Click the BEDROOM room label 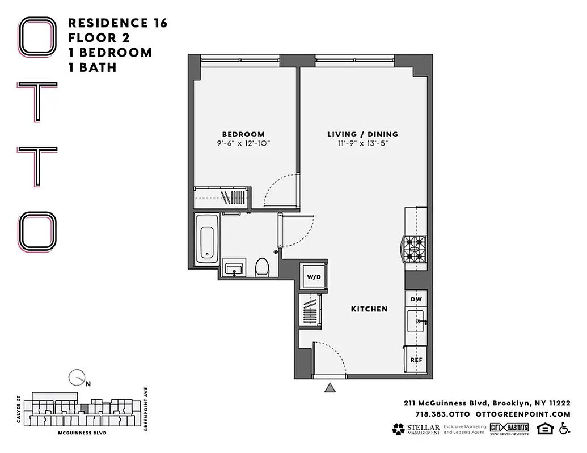click(x=243, y=134)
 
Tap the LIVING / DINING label click(x=362, y=134)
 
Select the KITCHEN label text click(x=369, y=309)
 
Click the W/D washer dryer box click(x=313, y=277)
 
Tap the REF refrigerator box click(x=416, y=360)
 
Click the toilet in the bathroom click(x=262, y=266)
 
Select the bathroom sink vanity click(x=234, y=268)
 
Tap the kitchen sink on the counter click(x=417, y=323)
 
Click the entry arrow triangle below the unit click(x=330, y=388)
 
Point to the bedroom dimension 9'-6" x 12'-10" click(x=243, y=144)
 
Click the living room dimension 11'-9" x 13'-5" click(x=362, y=144)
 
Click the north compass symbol click(x=76, y=377)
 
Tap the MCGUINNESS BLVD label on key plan click(x=82, y=433)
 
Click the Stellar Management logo click(x=416, y=429)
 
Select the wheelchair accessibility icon click(x=564, y=429)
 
